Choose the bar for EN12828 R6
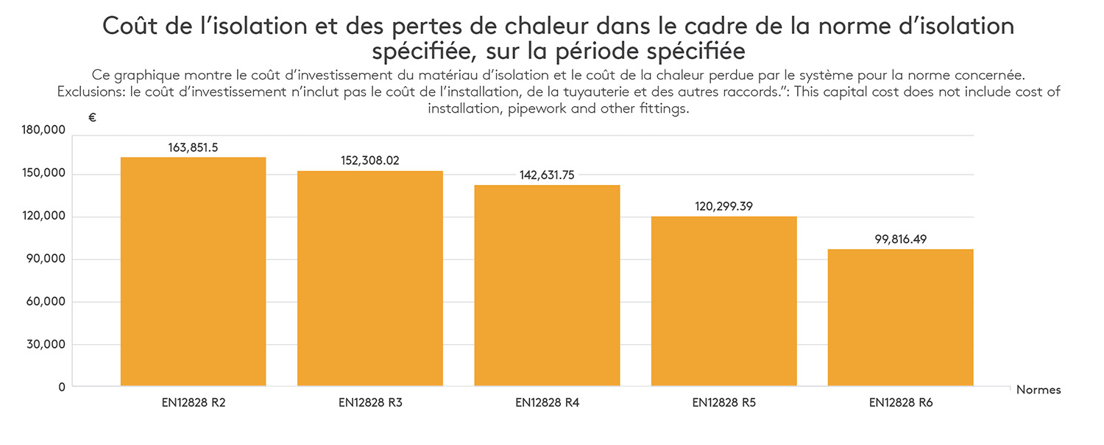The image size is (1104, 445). click(x=900, y=318)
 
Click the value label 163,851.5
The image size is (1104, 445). click(x=193, y=147)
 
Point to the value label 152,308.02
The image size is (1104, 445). click(x=370, y=161)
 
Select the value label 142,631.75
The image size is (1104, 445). click(x=547, y=175)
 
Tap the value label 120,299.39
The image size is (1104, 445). click(x=723, y=206)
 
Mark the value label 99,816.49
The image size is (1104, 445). click(x=900, y=239)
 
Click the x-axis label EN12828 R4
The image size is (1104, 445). click(x=547, y=403)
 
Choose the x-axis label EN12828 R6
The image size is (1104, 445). click(x=900, y=403)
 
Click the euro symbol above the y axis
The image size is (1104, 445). click(x=92, y=117)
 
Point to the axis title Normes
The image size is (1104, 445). click(x=1038, y=390)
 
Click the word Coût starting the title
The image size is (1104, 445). click(x=127, y=27)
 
